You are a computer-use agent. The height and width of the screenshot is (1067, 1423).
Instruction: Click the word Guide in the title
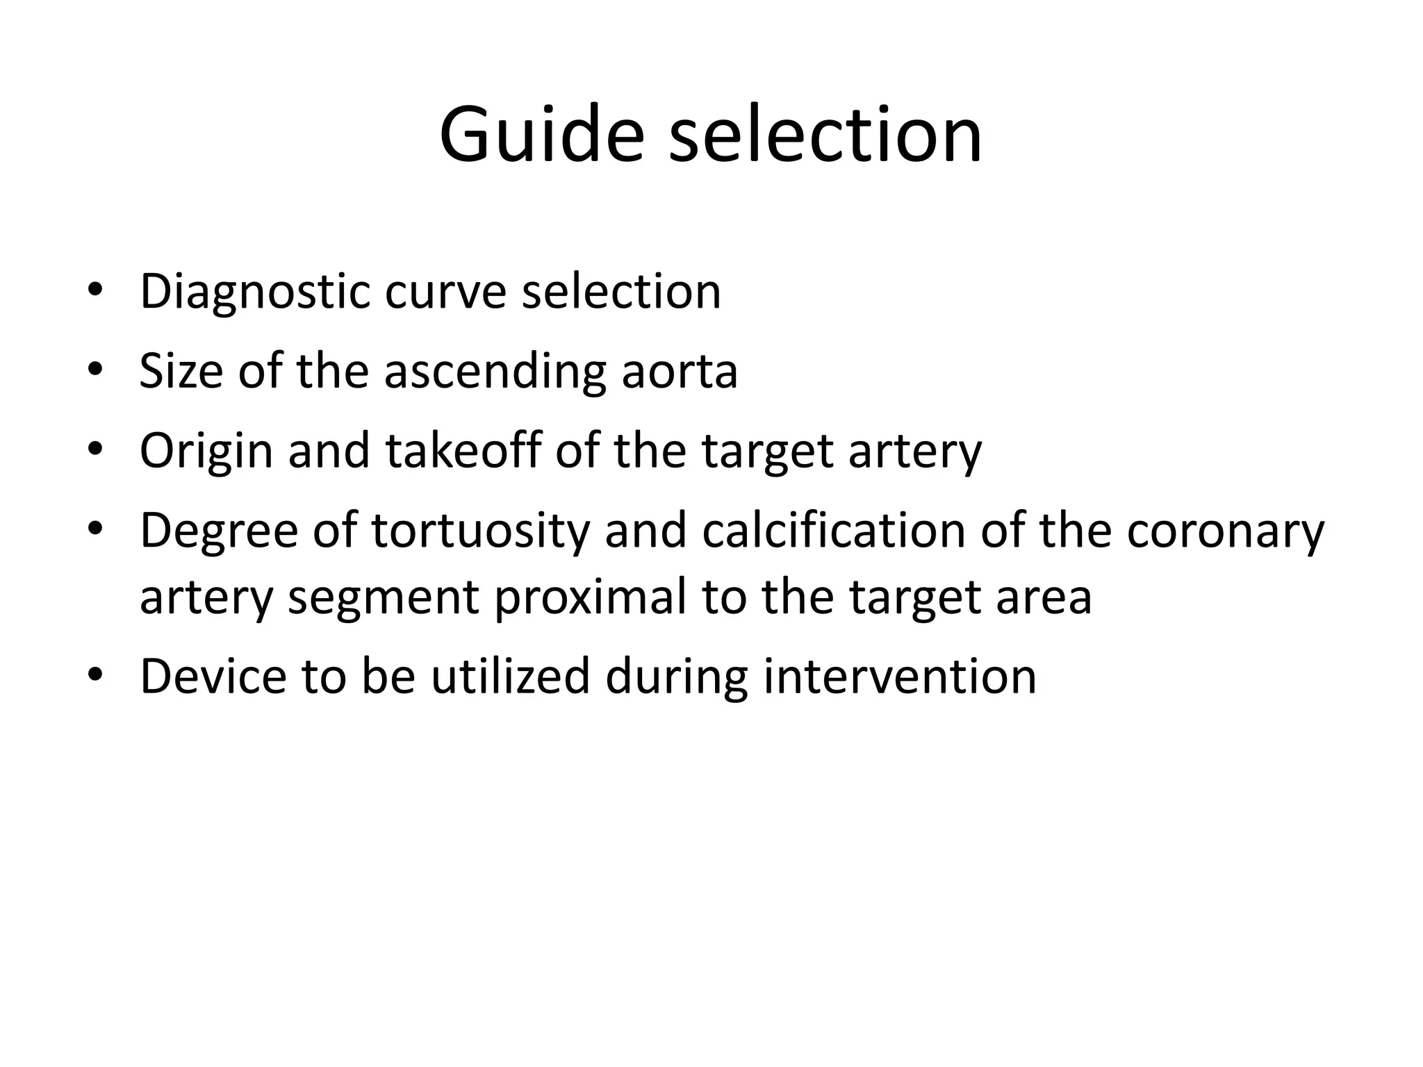click(541, 133)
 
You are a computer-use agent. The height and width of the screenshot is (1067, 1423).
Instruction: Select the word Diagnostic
click(254, 292)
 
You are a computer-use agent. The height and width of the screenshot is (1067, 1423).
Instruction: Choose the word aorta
click(679, 371)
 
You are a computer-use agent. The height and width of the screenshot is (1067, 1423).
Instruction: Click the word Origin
click(206, 451)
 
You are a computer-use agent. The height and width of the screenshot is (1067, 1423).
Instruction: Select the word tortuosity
click(480, 531)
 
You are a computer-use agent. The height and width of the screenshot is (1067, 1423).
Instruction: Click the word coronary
click(1225, 531)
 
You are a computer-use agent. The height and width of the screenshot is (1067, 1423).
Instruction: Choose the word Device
click(213, 676)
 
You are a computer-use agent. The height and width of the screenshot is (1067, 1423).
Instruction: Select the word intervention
click(900, 676)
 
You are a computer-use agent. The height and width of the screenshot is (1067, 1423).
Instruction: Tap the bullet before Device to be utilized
click(95, 675)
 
